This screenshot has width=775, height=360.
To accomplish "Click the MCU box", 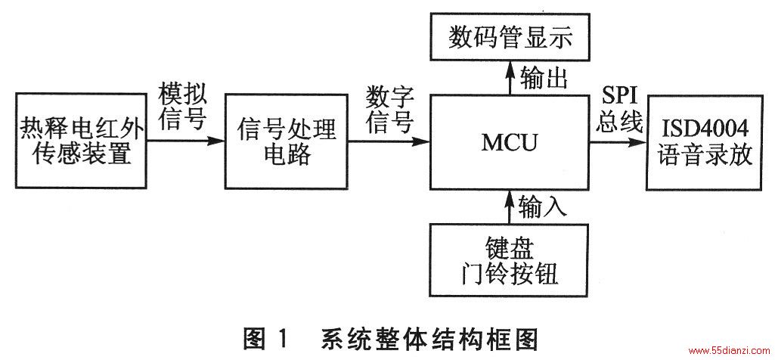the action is (x=510, y=142).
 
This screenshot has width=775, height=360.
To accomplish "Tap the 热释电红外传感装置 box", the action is (x=81, y=141).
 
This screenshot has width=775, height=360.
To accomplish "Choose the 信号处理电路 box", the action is (x=286, y=142).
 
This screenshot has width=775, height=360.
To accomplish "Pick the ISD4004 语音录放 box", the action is (x=704, y=143).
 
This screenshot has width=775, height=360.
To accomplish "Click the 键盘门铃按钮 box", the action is (x=510, y=261).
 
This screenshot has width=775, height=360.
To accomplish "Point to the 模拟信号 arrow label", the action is (x=183, y=107).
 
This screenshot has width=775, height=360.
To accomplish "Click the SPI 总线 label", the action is (x=619, y=110).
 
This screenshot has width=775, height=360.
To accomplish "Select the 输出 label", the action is (x=544, y=79).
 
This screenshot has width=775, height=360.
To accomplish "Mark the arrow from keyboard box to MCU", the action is (x=510, y=206).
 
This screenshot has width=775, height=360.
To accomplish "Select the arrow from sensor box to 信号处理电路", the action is (x=186, y=141).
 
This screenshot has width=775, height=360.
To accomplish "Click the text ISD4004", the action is (x=704, y=129).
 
